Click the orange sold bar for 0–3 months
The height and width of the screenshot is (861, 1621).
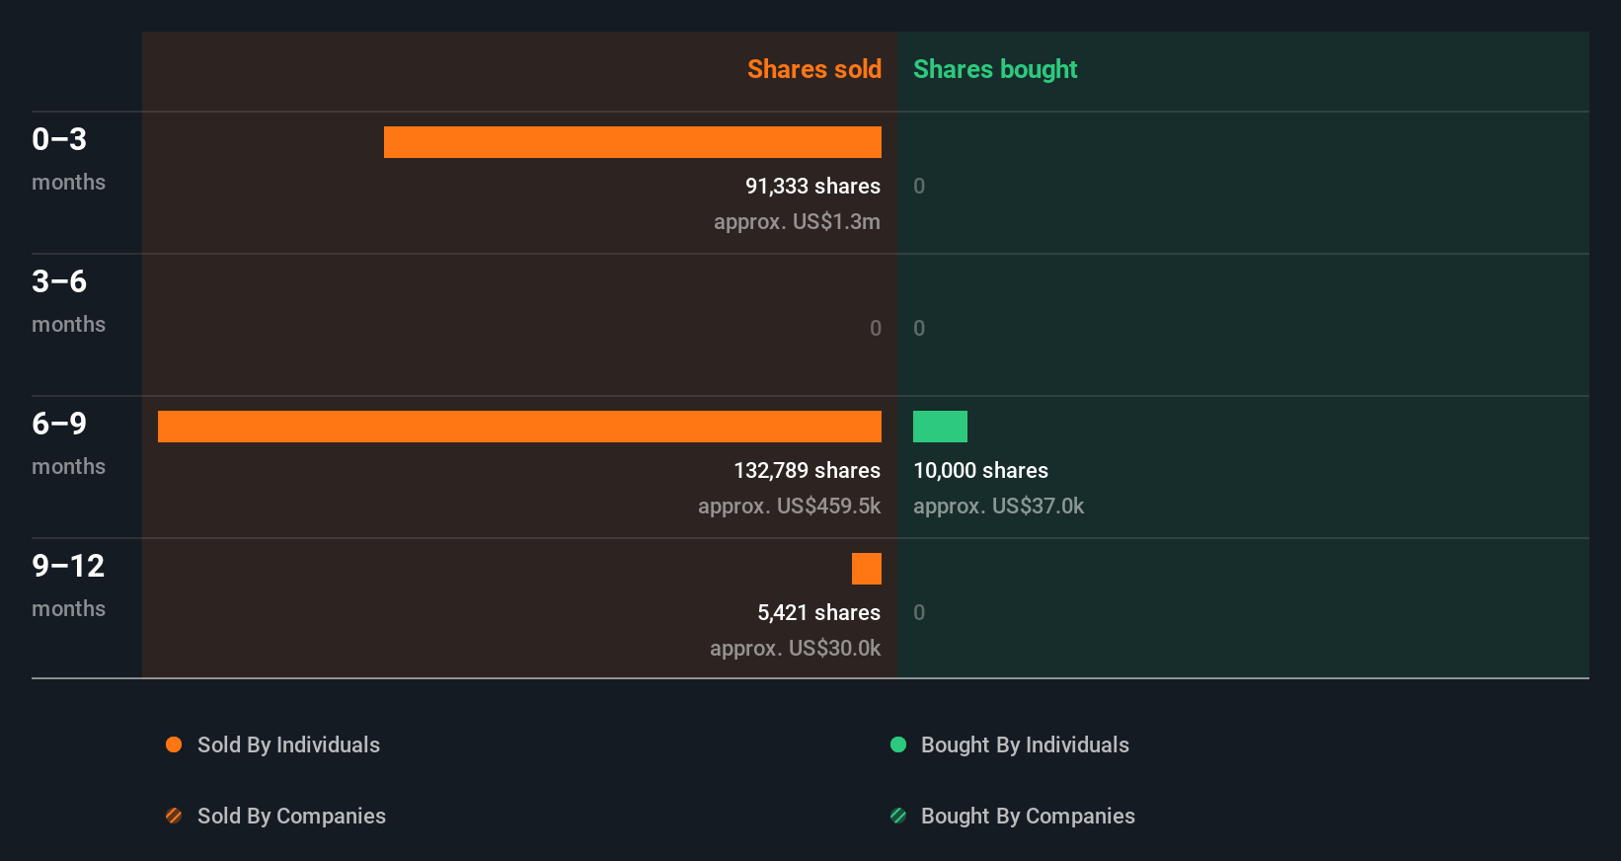(632, 142)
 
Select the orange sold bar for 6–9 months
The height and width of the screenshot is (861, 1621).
(519, 427)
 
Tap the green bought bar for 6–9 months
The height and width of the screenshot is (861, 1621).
(940, 427)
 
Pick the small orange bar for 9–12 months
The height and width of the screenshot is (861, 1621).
(866, 569)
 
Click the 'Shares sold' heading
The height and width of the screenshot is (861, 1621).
(813, 69)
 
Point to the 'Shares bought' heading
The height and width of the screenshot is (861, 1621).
(994, 69)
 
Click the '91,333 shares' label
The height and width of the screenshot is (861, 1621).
(811, 186)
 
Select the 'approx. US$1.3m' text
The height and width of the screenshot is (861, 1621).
(797, 221)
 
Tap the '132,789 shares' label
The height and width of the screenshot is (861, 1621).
(807, 470)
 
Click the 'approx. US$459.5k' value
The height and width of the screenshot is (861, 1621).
(789, 506)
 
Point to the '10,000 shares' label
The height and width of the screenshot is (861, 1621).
(980, 470)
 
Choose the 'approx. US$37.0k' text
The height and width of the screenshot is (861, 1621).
(998, 506)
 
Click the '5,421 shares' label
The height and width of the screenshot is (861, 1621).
(818, 612)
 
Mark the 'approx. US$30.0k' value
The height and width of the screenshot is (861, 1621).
(795, 648)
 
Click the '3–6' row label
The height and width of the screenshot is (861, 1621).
(59, 281)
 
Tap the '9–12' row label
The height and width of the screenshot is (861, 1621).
(68, 566)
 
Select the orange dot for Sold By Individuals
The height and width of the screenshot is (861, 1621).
(174, 744)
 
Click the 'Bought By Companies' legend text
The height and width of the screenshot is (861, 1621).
(1027, 816)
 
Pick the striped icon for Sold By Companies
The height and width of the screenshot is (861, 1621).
(174, 816)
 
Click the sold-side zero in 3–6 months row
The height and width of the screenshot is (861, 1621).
(875, 328)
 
